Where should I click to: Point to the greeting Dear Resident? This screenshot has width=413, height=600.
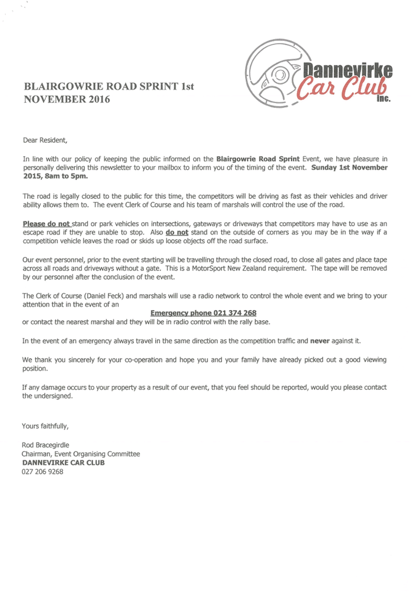point(45,140)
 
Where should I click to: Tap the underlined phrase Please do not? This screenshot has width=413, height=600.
point(46,224)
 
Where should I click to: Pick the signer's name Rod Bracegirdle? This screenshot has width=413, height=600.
point(46,445)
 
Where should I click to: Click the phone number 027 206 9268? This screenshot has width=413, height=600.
point(43,472)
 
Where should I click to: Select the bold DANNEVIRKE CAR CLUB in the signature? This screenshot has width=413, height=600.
point(63,462)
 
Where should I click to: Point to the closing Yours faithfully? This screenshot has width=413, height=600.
point(45,426)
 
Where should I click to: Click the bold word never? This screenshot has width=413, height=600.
point(320,341)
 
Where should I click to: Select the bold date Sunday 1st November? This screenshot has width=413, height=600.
point(350,167)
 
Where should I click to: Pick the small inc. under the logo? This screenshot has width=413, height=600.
point(383,98)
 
